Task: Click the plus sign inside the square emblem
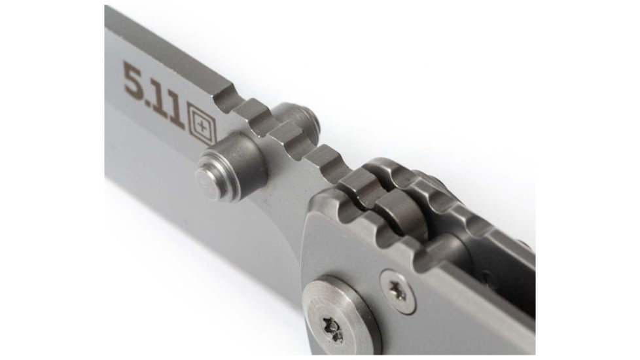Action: click(202, 125)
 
